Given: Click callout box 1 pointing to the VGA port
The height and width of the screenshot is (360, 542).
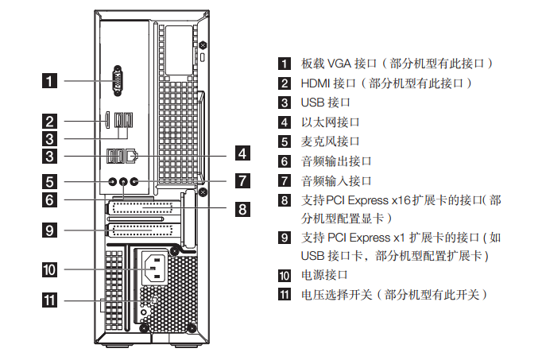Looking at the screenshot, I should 49,80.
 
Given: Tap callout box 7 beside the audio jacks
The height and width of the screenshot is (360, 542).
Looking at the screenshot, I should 242,180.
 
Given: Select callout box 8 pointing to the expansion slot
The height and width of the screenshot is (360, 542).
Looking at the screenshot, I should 242,209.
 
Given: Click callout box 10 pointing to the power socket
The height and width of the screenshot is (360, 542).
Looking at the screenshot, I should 49,269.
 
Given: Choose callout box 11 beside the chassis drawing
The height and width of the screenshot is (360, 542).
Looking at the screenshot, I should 49,300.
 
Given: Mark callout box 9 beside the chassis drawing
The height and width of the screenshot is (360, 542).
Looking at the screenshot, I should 49,230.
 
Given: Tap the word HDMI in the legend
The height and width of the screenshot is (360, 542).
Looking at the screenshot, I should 316,83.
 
